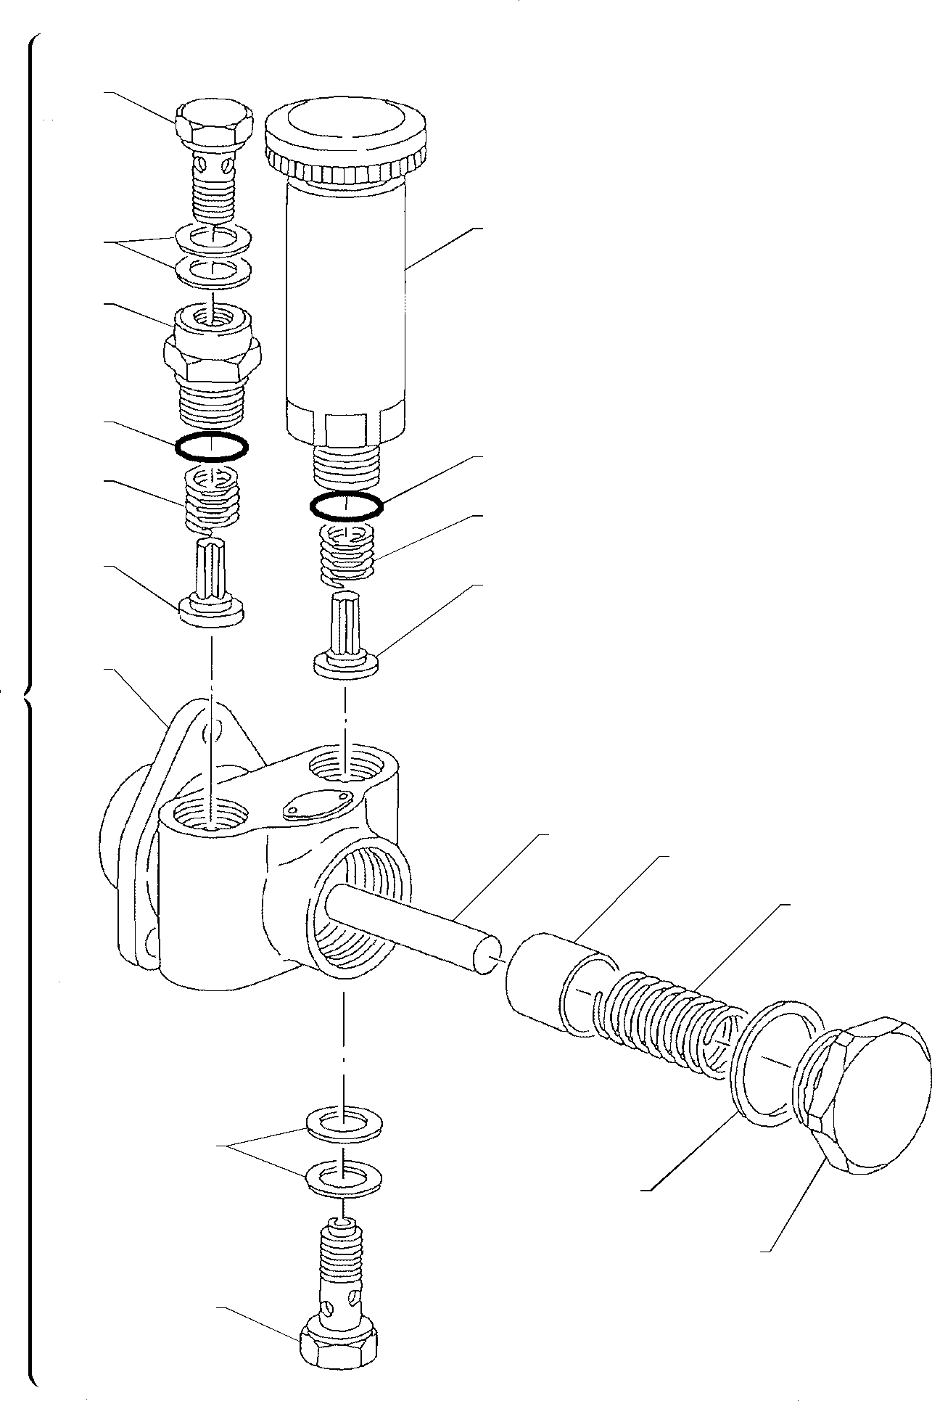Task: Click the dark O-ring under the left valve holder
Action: [212, 446]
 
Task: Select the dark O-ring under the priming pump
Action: [347, 506]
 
